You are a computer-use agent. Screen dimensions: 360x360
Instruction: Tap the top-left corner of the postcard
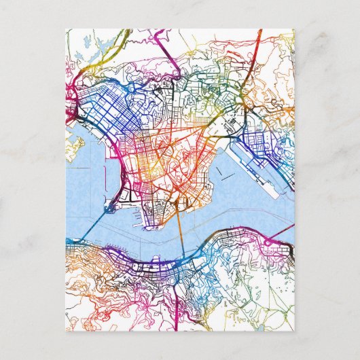pos(66,29)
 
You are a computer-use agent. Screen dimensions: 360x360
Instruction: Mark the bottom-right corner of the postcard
pos(294,331)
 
